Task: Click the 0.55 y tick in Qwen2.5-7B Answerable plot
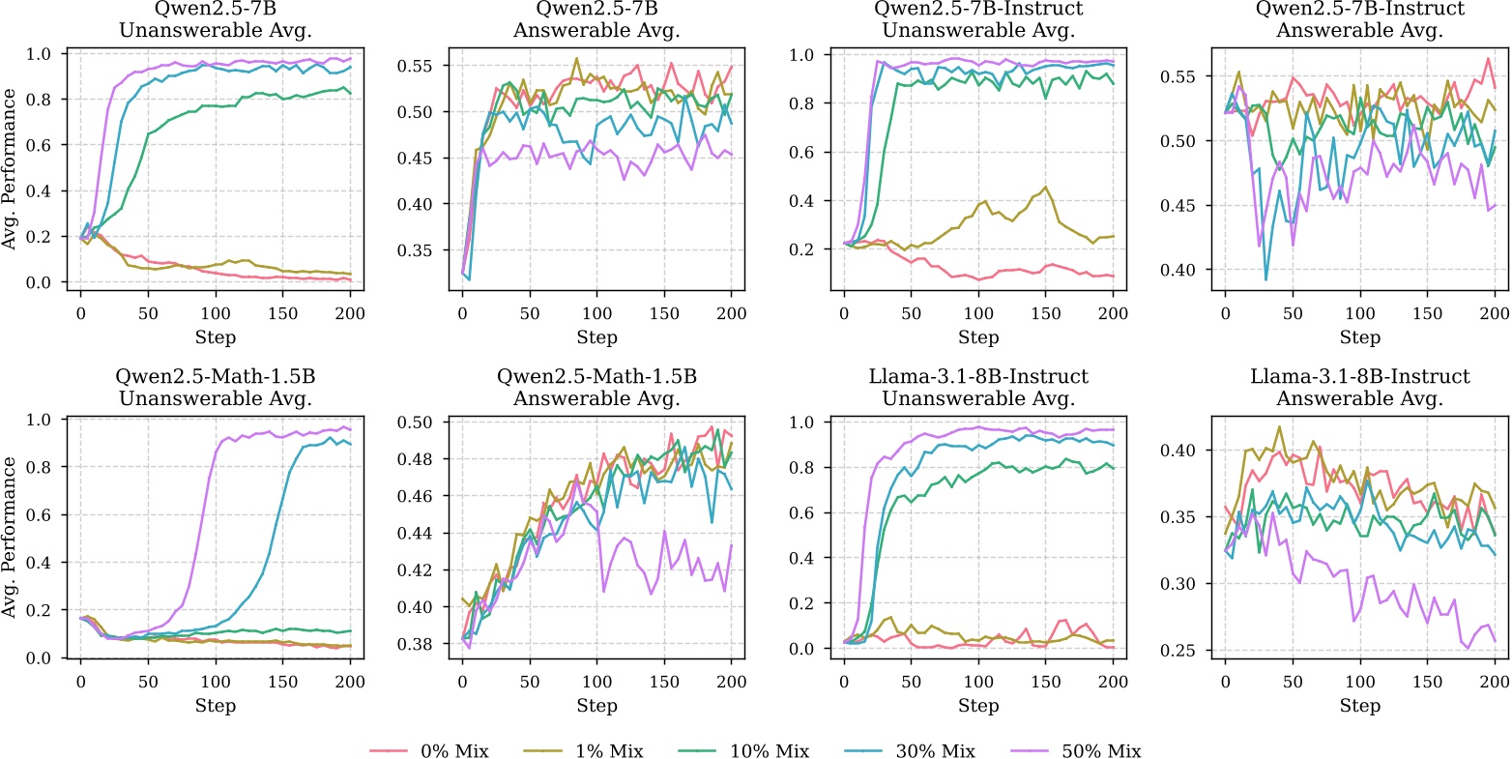(430, 66)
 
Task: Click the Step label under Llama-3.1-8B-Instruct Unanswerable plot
(977, 707)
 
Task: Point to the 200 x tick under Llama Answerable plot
(1495, 680)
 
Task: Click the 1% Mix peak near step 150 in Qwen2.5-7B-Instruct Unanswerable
(1045, 187)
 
